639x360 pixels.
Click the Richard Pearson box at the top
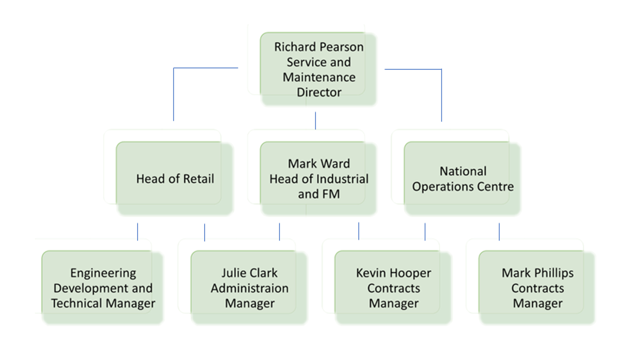click(318, 68)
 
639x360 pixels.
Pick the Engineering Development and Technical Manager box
click(102, 288)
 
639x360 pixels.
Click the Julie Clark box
click(249, 288)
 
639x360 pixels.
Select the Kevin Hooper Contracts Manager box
click(393, 288)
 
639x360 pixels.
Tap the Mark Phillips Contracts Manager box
click(537, 288)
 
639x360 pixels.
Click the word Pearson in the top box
click(342, 47)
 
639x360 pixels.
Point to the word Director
click(319, 92)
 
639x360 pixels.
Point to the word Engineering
click(103, 274)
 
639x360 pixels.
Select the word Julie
click(233, 273)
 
